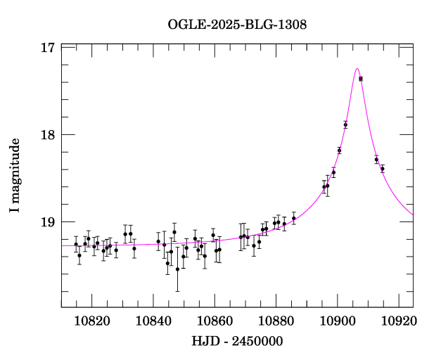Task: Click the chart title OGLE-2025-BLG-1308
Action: point(237,24)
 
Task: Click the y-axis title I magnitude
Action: point(15,176)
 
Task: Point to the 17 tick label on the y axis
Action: point(48,48)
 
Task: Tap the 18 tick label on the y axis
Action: point(48,135)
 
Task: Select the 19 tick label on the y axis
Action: point(48,222)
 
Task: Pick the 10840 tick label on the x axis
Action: point(154,321)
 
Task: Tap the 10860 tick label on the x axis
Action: point(215,321)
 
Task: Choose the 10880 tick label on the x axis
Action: point(276,321)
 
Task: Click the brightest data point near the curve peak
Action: point(361,79)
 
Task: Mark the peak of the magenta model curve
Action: point(357,69)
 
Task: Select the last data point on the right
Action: point(383,169)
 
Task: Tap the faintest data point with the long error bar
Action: point(177,269)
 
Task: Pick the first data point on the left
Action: point(76,244)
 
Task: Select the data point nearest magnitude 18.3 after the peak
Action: point(377,160)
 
